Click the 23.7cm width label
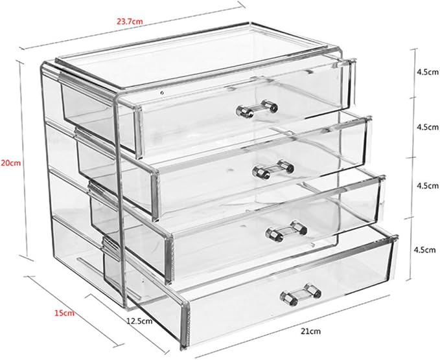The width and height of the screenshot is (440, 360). [130, 21]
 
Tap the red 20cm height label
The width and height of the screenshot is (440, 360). [11, 163]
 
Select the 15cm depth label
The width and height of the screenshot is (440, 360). [64, 313]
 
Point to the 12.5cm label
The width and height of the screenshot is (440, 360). [139, 321]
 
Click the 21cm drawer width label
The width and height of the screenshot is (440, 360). [310, 332]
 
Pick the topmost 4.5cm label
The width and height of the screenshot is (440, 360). [428, 72]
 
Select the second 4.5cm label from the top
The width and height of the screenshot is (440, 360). [428, 128]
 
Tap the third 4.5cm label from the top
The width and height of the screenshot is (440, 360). [428, 186]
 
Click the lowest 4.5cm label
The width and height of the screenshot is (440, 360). [425, 249]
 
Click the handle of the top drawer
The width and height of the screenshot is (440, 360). [257, 108]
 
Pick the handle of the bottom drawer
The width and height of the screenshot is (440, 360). [301, 295]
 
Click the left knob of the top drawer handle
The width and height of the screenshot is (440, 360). [244, 111]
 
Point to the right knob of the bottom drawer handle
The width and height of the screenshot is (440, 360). [314, 290]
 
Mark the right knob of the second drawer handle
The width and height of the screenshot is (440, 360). [286, 166]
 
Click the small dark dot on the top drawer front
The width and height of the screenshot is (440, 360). [162, 92]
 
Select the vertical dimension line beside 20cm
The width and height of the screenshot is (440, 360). [23, 161]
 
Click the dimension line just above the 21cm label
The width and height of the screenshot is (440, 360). [292, 326]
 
